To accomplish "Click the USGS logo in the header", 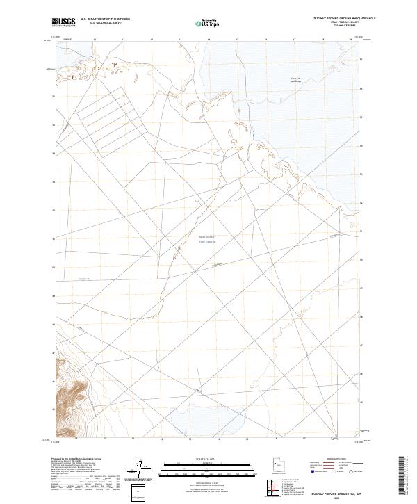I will point(63,23).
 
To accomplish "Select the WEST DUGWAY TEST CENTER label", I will point(208,240).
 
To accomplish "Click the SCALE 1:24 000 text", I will point(208,460).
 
